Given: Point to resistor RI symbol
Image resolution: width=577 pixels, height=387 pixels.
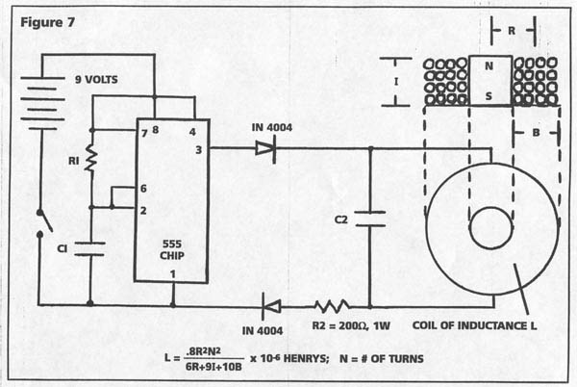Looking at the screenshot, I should tap(89, 159).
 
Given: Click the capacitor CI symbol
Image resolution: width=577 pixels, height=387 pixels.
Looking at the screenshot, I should tap(88, 248).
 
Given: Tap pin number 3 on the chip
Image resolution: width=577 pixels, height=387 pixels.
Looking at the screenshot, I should tap(197, 149).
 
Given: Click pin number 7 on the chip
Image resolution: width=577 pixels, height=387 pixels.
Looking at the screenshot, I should tap(144, 132).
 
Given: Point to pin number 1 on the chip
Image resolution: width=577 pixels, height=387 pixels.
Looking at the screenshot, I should tap(172, 275).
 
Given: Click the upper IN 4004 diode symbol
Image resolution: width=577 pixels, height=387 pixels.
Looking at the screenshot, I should tap(264, 149).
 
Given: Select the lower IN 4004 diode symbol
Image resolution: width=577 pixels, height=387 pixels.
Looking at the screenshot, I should tap(271, 306).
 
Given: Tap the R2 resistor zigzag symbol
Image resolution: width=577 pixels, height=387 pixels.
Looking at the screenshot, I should tap(332, 306).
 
